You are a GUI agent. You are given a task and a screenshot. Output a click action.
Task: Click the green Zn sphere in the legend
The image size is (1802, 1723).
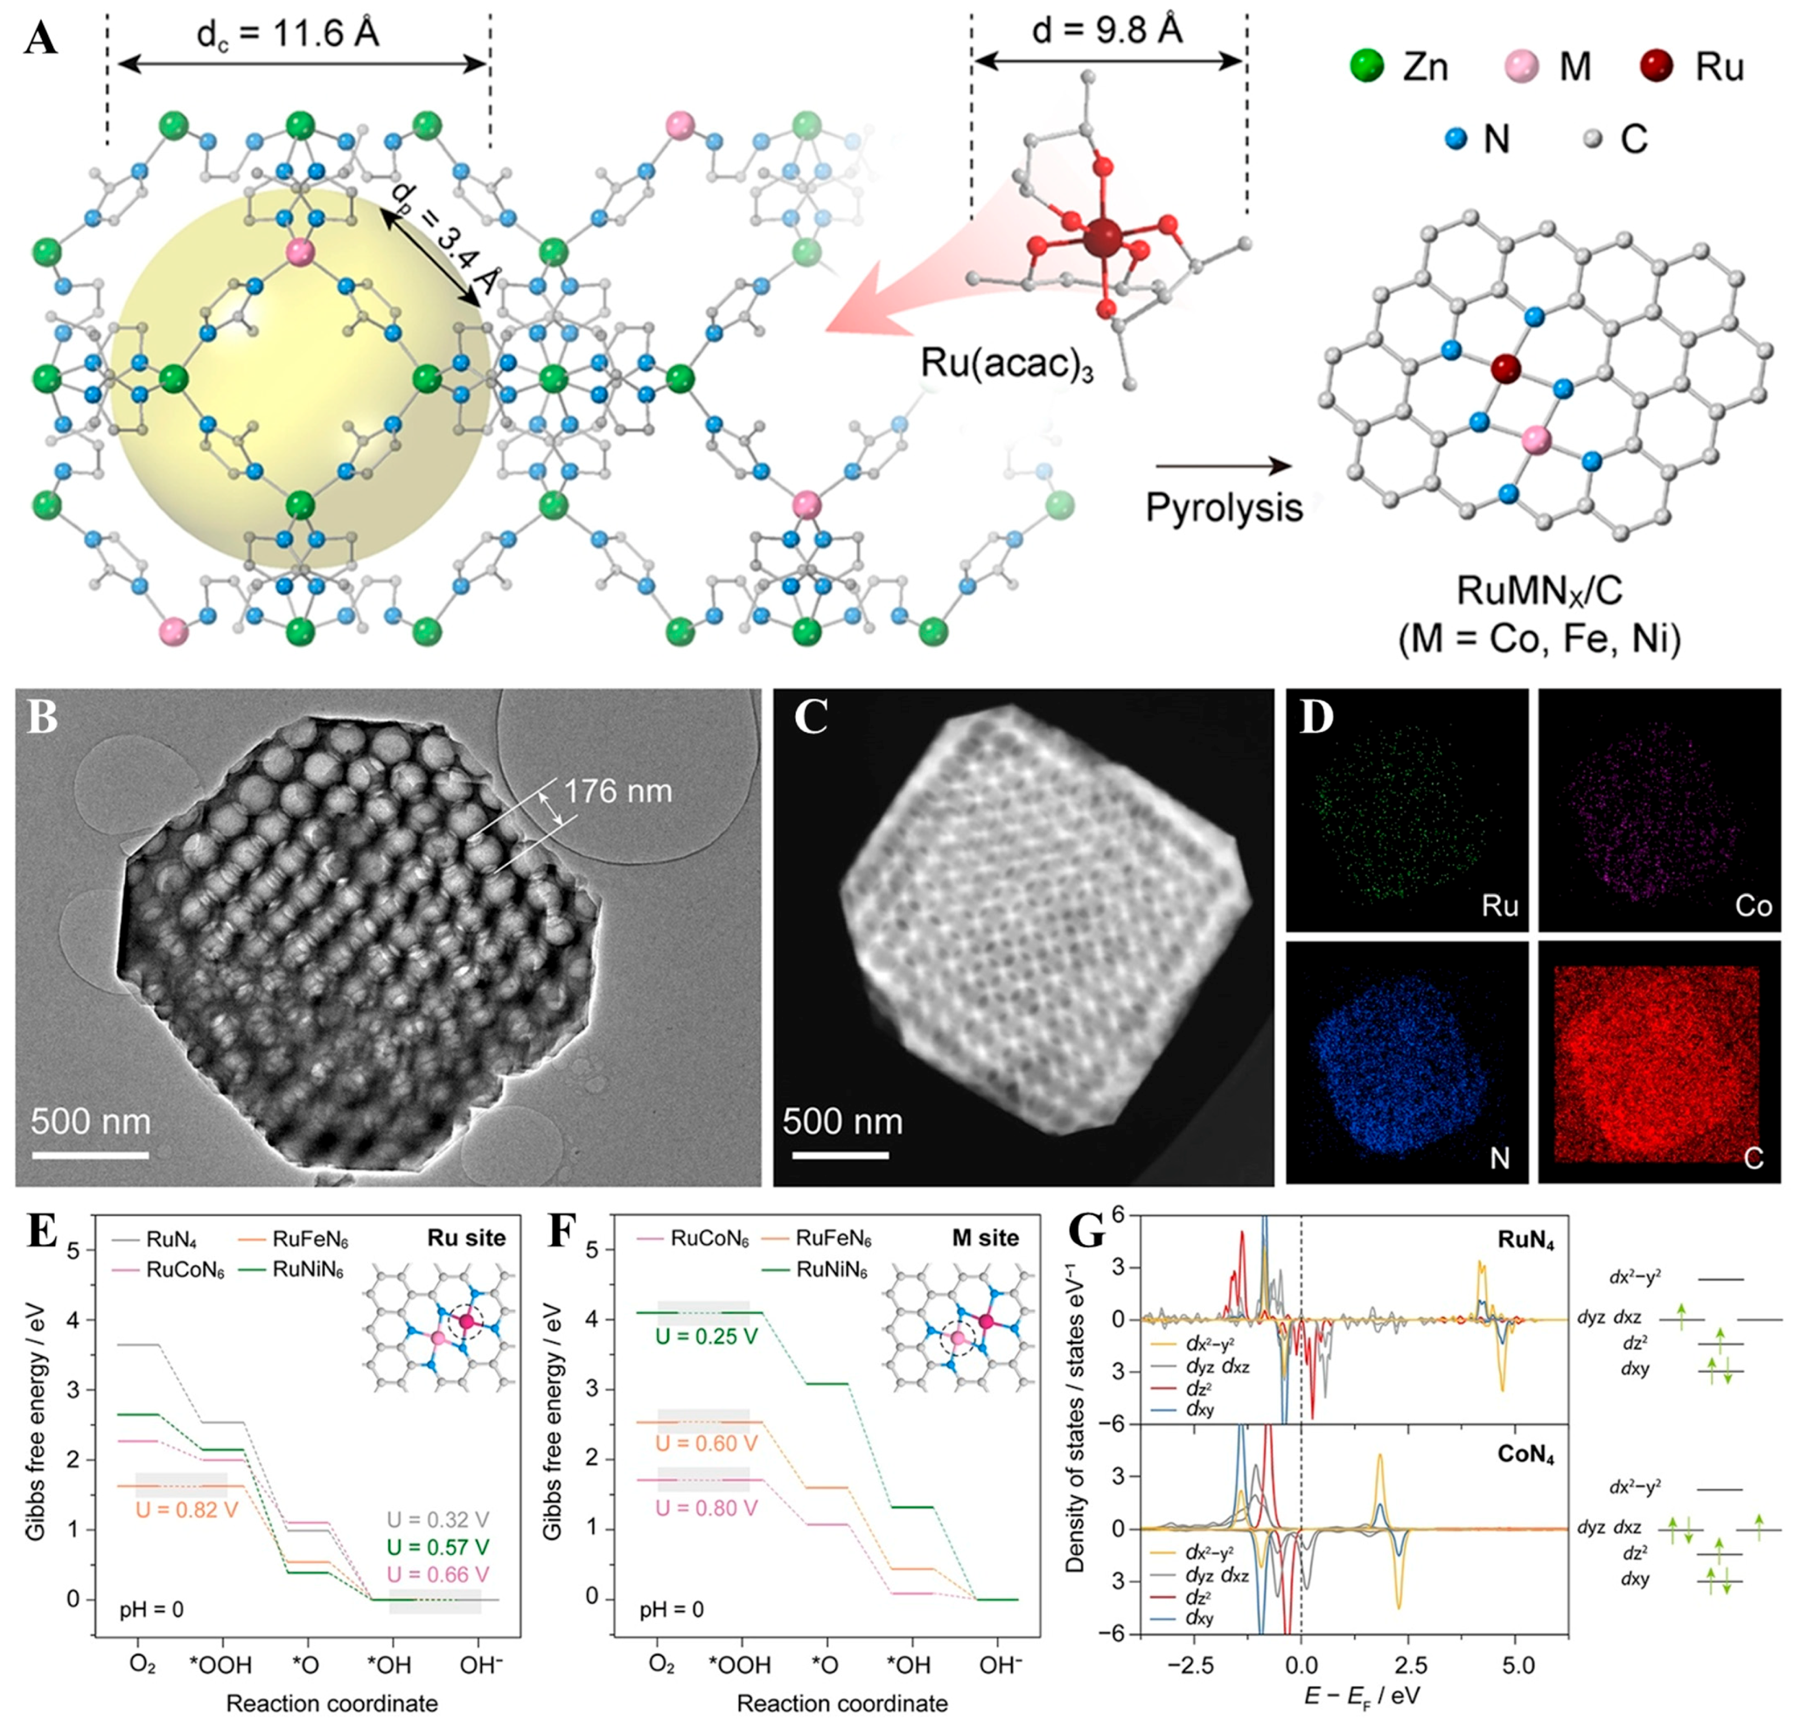(1367, 66)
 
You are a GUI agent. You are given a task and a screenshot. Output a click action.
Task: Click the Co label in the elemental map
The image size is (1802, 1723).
(1752, 906)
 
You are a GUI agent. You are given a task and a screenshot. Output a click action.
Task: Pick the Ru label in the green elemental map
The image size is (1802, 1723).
(1499, 906)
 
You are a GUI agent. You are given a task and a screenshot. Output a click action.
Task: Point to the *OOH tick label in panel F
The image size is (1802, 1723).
(739, 1664)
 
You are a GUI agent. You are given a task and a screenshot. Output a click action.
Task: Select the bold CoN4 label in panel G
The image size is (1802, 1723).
(1525, 1455)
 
